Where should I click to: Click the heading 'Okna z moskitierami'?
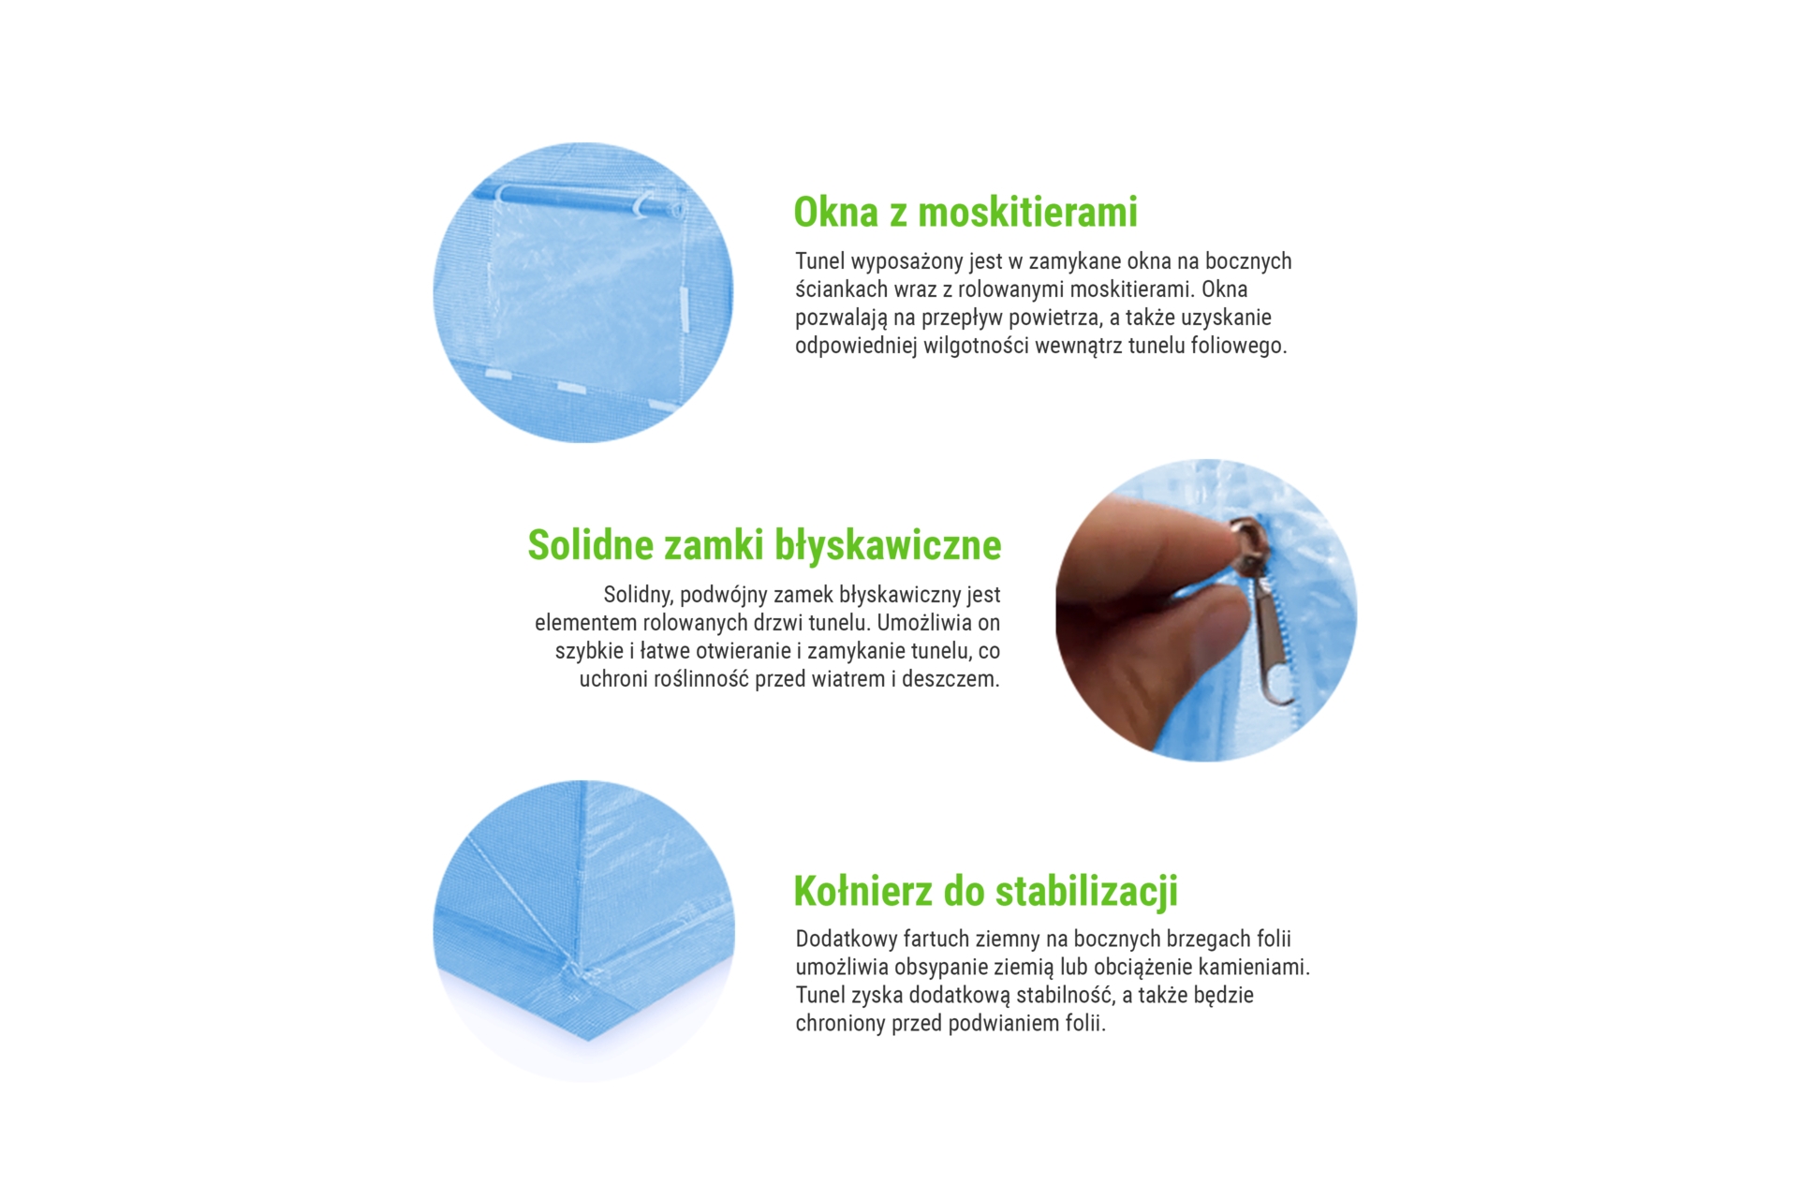965,213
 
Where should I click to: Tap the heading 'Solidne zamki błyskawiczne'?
764,545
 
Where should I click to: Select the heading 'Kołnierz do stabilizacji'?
985,891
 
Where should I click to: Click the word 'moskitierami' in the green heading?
1027,213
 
